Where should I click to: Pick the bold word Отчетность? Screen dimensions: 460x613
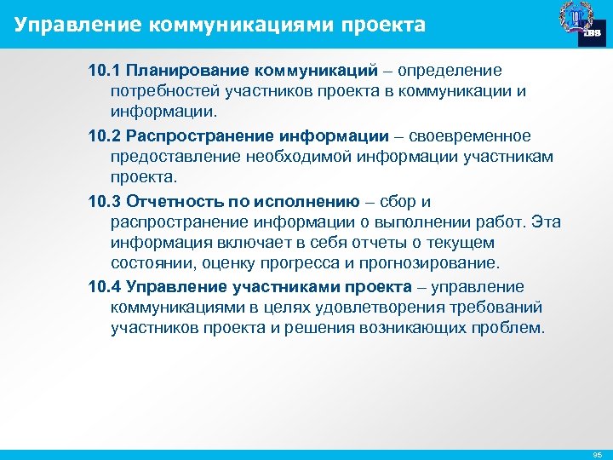(175, 202)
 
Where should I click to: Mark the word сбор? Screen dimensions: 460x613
(398, 202)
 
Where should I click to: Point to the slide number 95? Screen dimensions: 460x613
(597, 454)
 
